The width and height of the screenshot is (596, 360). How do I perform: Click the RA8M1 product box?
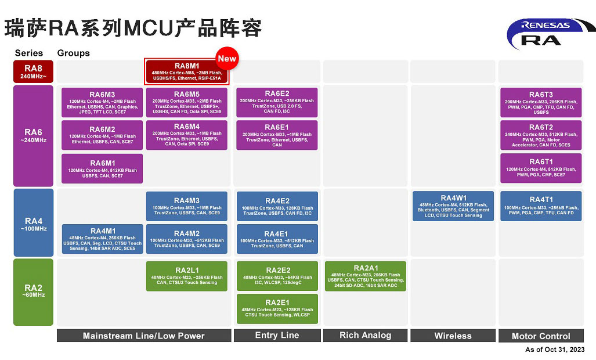coord(187,72)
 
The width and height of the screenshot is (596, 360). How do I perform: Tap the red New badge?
coord(227,59)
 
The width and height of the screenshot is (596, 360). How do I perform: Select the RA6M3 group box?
coord(102,103)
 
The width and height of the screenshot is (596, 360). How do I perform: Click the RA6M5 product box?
coord(187,103)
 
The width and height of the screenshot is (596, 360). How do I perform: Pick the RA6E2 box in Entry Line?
coord(277,102)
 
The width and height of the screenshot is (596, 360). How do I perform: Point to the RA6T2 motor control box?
coord(541,136)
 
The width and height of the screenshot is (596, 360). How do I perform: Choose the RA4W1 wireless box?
coord(453,206)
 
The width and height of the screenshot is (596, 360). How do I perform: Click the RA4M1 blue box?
coord(102,239)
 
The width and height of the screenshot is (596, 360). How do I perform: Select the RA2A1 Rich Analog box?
coord(365,276)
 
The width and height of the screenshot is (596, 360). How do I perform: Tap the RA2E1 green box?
coord(277,309)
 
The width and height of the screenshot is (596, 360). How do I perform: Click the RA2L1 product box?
coord(187,276)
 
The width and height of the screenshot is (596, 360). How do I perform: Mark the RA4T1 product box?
coord(541,206)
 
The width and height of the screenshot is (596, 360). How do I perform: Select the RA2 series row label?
coord(33,291)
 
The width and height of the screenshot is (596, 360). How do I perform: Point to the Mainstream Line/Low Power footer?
coord(143,336)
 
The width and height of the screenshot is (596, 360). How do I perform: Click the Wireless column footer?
coord(453,336)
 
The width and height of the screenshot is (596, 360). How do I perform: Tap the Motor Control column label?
coord(541,336)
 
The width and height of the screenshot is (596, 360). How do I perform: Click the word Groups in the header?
coord(73,53)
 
